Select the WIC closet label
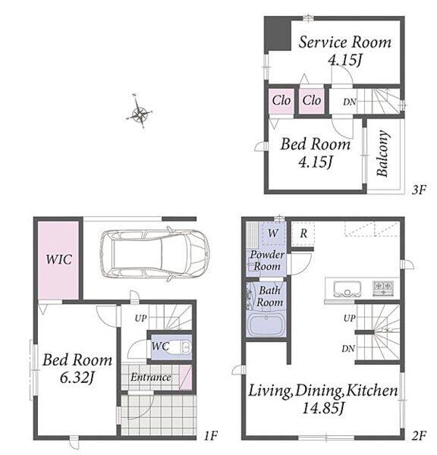coord(58,259)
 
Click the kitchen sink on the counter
coord(347,289)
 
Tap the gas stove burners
coord(383,288)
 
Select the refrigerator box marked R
coord(303,234)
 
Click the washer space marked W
coord(272,233)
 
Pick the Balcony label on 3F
coord(382,153)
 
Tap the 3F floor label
coord(419,190)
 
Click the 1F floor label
coord(210,435)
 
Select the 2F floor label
coord(419,435)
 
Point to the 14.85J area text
coord(323,409)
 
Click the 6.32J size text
coord(77,378)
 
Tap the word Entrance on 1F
coord(150,377)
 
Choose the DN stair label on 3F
coord(349,102)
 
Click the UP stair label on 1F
coord(140,318)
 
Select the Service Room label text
coord(345,42)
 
